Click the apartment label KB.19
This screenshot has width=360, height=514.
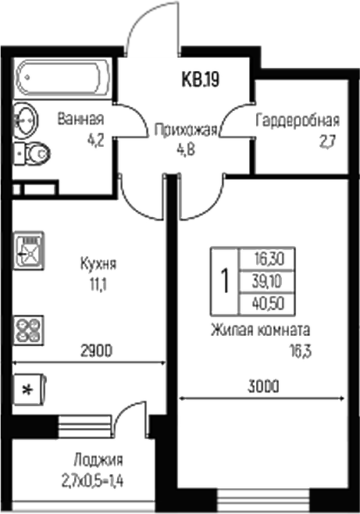(200, 79)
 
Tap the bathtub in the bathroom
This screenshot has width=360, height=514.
(59, 79)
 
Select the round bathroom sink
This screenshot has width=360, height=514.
(24, 120)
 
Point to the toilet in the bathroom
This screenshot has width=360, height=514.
(33, 155)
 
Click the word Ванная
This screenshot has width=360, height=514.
(81, 120)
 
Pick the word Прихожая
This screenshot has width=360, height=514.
(184, 130)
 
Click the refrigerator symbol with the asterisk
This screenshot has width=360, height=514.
(30, 389)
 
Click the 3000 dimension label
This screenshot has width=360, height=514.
(263, 386)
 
